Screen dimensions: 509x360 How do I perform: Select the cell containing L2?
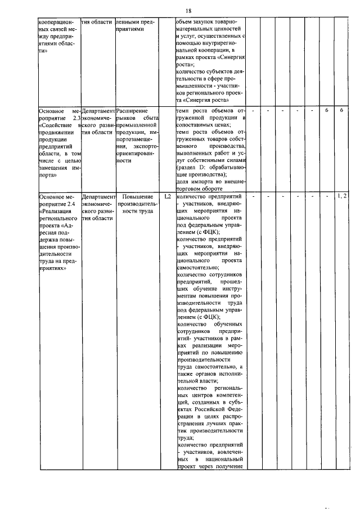tap(167, 197)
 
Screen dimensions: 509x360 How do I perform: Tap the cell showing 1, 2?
tap(342, 196)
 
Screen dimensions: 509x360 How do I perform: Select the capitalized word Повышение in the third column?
tap(138, 197)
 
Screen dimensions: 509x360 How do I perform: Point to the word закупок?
tap(208, 21)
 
